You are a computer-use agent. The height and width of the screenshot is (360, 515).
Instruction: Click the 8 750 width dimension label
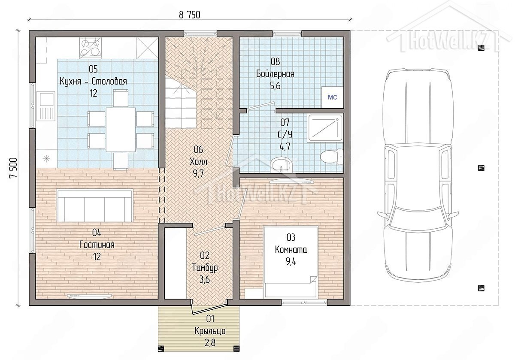click(189, 15)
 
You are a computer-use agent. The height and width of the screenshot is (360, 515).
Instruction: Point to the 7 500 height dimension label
click(13, 168)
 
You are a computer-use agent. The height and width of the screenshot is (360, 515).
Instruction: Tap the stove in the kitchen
click(91, 48)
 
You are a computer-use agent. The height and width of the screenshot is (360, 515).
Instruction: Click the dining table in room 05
click(121, 130)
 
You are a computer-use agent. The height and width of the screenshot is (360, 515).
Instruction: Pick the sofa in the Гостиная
click(95, 206)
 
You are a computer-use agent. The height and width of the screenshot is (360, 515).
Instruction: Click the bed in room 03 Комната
click(291, 262)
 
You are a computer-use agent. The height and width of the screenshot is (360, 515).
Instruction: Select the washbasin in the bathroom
click(282, 165)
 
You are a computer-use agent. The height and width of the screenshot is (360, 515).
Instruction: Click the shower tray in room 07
click(325, 128)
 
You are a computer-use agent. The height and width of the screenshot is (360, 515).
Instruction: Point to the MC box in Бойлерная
click(333, 97)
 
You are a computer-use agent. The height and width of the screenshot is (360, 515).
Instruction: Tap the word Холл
click(198, 162)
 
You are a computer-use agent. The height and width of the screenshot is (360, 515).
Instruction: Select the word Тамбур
click(205, 268)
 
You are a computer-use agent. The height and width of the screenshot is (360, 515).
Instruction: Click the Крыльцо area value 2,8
click(210, 343)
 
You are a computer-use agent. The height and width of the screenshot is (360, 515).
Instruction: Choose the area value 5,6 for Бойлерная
click(275, 86)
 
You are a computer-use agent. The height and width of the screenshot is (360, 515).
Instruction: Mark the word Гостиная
click(97, 245)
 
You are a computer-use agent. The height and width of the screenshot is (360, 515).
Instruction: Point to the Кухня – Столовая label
click(94, 82)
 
